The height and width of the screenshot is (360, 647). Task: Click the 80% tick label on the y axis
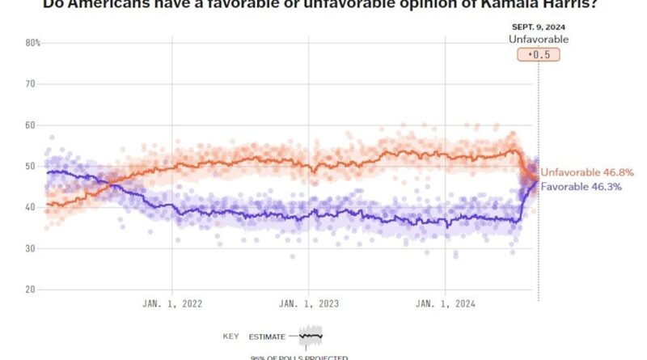tap(32, 43)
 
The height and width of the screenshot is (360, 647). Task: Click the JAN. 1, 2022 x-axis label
tap(171, 304)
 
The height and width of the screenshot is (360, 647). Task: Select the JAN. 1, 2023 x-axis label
tap(308, 304)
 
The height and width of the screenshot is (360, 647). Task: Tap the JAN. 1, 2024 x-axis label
tap(446, 304)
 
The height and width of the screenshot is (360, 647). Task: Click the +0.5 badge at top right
tap(538, 55)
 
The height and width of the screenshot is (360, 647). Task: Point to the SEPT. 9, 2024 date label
tap(539, 27)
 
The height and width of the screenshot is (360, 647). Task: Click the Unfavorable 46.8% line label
tap(587, 172)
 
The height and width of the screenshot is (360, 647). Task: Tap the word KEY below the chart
tap(230, 336)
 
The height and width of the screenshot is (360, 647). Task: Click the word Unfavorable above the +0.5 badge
tap(539, 39)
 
